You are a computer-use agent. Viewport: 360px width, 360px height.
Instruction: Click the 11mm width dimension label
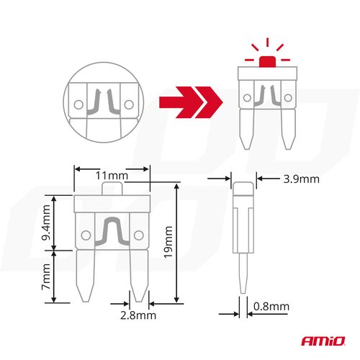(112, 175)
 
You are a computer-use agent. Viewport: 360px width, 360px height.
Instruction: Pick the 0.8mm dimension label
(271, 307)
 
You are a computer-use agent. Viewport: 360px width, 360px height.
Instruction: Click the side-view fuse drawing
(243, 238)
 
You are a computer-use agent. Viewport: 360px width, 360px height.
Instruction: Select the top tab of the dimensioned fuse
(112, 189)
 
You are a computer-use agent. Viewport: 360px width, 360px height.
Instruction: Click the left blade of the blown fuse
(248, 130)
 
